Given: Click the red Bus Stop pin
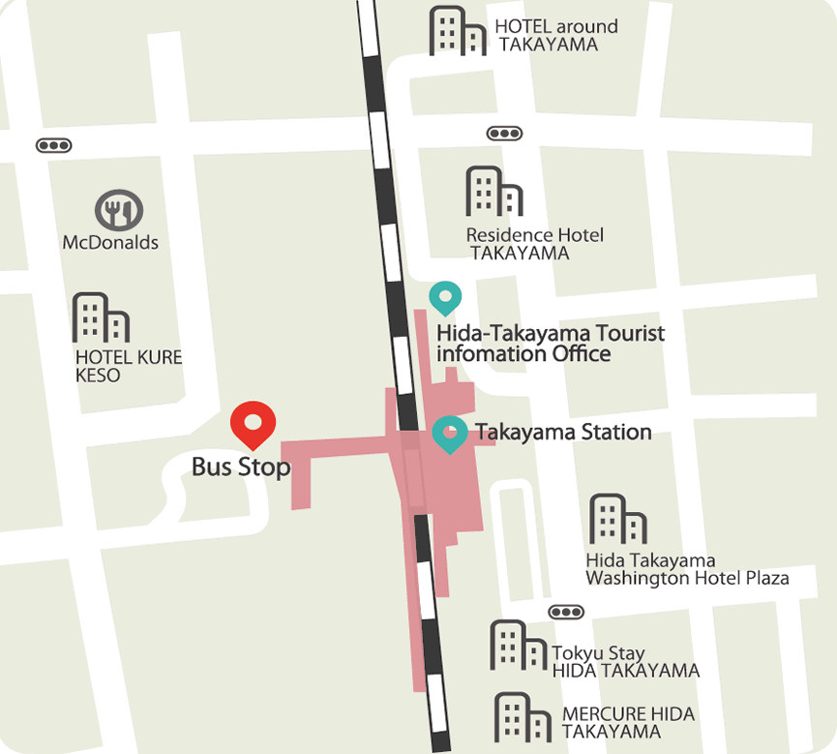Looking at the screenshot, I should (x=254, y=423).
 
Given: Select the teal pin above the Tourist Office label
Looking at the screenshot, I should (x=445, y=297).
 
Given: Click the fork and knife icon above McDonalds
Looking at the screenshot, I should (x=119, y=210).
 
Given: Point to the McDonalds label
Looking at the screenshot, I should (x=110, y=242).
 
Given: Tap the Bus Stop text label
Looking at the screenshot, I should (x=241, y=467).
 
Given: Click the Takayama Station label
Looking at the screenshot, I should (x=562, y=432).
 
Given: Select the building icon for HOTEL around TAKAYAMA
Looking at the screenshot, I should (x=458, y=31).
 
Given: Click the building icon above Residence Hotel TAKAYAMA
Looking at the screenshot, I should (x=493, y=192).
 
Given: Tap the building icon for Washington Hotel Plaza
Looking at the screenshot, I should (x=618, y=520).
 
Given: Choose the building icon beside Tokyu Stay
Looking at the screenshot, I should (x=519, y=645).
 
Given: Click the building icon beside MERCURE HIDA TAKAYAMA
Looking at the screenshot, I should (x=523, y=717).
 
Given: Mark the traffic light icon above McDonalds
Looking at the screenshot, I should (x=53, y=145).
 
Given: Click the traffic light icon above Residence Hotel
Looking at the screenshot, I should (x=504, y=133).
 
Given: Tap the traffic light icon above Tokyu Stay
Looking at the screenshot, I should (x=565, y=612).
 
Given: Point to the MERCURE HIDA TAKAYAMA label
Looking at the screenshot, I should (x=628, y=723).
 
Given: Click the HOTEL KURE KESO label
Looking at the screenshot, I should (x=128, y=366).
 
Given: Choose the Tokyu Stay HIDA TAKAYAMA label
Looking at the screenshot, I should (x=625, y=662).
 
